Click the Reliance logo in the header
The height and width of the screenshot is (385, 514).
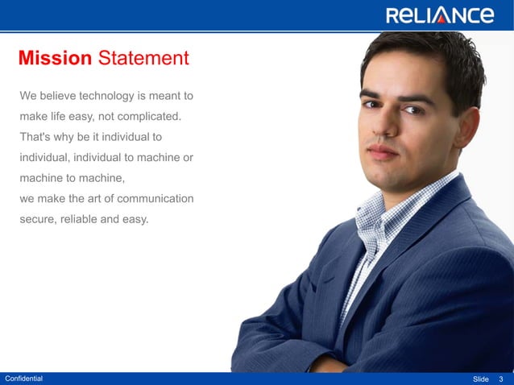439,15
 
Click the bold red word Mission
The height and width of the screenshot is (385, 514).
55,58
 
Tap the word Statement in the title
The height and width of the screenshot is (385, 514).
143,58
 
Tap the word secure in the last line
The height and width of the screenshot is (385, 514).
37,217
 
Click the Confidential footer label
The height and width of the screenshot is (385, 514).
24,379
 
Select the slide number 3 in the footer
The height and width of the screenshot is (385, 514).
501,379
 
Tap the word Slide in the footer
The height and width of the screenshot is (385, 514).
481,379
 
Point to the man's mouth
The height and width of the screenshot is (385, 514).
383,151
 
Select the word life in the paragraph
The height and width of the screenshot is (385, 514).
66,117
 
